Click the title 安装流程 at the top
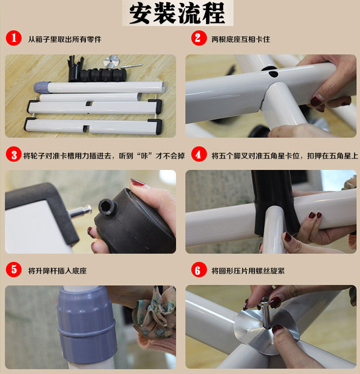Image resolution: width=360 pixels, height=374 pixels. tap(177, 13)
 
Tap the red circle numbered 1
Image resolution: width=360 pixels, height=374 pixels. tap(13, 38)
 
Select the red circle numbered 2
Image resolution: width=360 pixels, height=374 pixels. tap(199, 38)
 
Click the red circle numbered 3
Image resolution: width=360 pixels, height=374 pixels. tap(13, 154)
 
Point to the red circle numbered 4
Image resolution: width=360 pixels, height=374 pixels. tap(199, 154)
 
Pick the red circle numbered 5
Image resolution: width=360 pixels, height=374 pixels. tap(13, 269)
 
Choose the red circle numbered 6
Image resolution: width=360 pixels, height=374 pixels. tap(199, 269)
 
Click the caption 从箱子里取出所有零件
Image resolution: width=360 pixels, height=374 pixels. tap(65, 39)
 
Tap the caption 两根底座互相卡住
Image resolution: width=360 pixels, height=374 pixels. tap(240, 39)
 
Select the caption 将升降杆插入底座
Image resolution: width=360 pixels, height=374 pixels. tap(57, 271)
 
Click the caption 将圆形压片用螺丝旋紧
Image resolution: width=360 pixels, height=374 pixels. tap(248, 271)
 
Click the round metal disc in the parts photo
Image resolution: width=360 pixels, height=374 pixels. tap(111, 61)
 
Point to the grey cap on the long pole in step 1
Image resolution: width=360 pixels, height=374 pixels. tap(42, 87)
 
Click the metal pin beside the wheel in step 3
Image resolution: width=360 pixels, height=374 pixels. tap(81, 211)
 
